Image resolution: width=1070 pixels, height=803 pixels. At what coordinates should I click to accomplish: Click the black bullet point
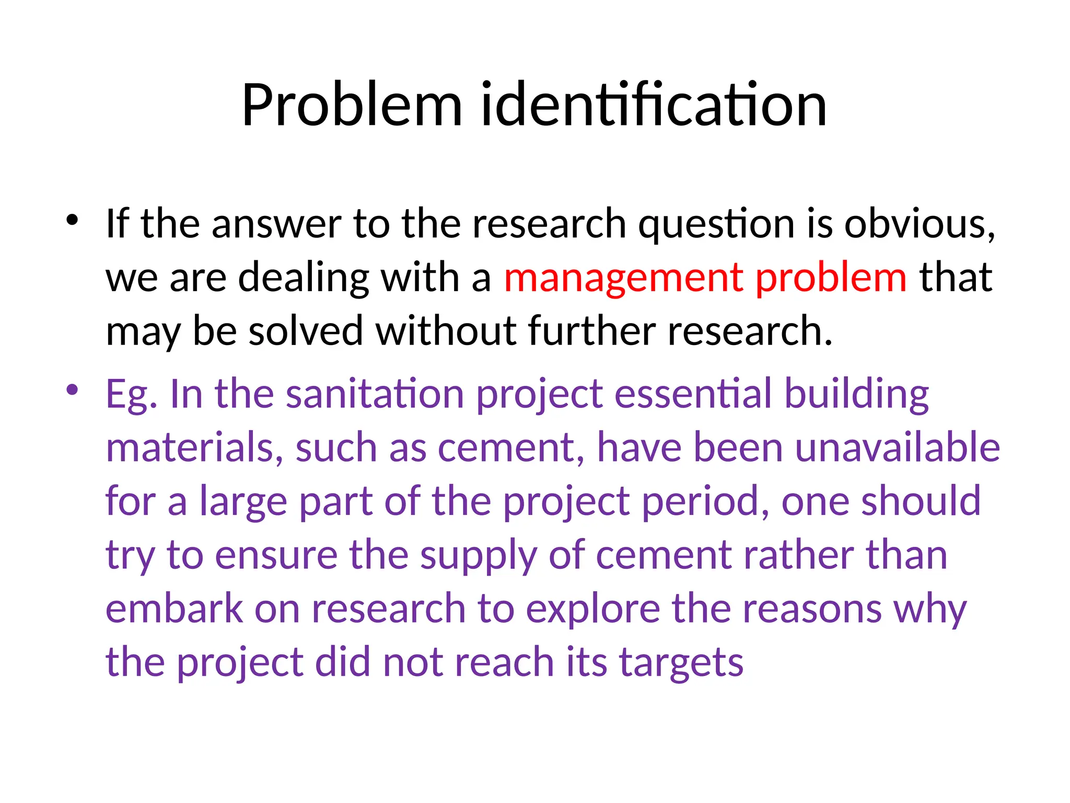pyautogui.click(x=72, y=219)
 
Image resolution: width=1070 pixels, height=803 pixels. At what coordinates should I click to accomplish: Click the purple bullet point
pyautogui.click(x=72, y=389)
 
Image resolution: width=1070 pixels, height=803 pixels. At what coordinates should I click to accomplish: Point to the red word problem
pyautogui.click(x=831, y=278)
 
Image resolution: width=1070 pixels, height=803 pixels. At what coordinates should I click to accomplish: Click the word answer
pyautogui.click(x=276, y=224)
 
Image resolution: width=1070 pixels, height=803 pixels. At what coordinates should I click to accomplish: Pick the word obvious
pyautogui.click(x=920, y=224)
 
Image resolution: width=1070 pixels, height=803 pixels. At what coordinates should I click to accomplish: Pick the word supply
pyautogui.click(x=479, y=556)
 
